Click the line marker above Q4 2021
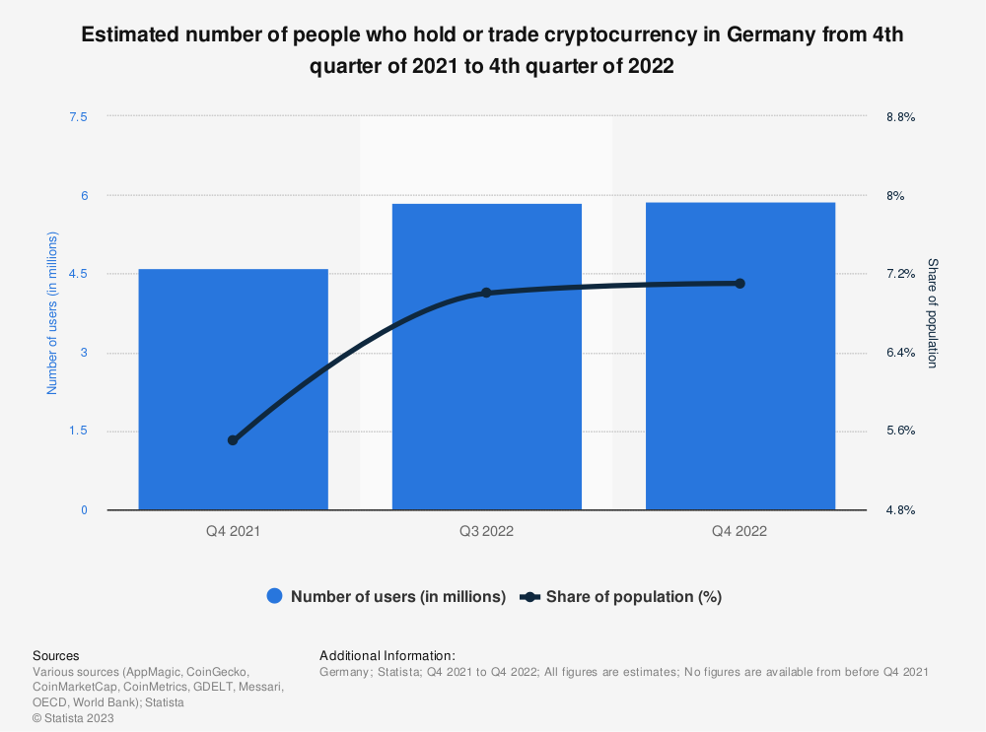(233, 440)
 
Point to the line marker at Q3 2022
(486, 293)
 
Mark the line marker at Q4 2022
(739, 284)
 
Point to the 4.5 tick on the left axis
(78, 274)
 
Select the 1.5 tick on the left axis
(78, 432)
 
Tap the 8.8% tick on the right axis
(901, 116)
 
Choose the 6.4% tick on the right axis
(901, 353)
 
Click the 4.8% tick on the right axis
(901, 510)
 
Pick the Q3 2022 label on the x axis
(486, 532)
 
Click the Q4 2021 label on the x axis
(233, 532)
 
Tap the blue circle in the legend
(275, 596)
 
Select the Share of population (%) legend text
(634, 596)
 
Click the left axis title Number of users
(53, 313)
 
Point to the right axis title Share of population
(933, 313)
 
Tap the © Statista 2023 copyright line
(73, 718)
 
